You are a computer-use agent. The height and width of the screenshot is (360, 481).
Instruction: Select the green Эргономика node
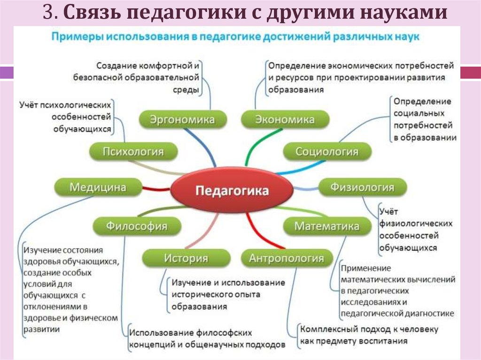click(x=182, y=119)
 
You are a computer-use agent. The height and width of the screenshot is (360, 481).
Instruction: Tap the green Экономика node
click(x=285, y=119)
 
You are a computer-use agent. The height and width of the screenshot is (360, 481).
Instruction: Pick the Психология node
click(x=133, y=152)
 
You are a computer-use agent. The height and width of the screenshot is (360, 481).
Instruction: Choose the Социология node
click(x=326, y=152)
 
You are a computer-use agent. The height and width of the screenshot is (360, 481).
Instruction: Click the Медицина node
click(x=98, y=187)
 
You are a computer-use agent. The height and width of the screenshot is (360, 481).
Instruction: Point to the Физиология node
click(x=362, y=187)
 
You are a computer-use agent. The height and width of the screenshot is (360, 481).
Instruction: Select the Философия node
click(x=136, y=226)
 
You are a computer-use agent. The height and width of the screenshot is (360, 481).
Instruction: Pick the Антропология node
click(x=286, y=258)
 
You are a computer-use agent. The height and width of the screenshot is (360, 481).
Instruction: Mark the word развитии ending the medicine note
click(x=42, y=329)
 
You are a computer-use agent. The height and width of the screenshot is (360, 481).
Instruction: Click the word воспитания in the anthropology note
click(x=382, y=341)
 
